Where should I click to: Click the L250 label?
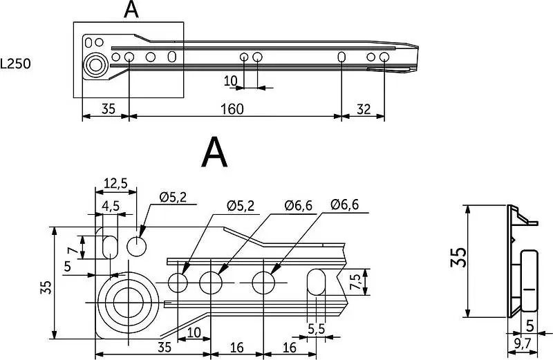pyautogui.click(x=15, y=64)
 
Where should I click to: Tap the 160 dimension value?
pyautogui.click(x=232, y=109)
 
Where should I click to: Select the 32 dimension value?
pyautogui.click(x=364, y=109)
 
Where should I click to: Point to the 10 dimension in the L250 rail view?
pyautogui.click(x=231, y=81)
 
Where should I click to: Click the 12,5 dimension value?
pyautogui.click(x=115, y=183)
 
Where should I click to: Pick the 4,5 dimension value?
pyautogui.click(x=111, y=206)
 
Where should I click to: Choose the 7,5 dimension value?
pyautogui.click(x=356, y=282)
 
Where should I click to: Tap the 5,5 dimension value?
pyautogui.click(x=317, y=329)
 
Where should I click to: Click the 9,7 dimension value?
pyautogui.click(x=523, y=343)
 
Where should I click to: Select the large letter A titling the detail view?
pyautogui.click(x=214, y=152)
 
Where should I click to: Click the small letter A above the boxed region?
pyautogui.click(x=131, y=10)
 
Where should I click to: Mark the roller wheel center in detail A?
pyautogui.click(x=129, y=303)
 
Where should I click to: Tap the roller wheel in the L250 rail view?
pyautogui.click(x=95, y=65)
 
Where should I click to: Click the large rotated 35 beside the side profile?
pyautogui.click(x=459, y=258)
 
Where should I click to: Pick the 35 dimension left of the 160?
pyautogui.click(x=109, y=109)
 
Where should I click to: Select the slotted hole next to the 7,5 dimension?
pyautogui.click(x=317, y=282)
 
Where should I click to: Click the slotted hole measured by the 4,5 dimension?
pyautogui.click(x=111, y=247)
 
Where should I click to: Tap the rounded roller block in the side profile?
pyautogui.click(x=529, y=281)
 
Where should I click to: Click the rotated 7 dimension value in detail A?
pyautogui.click(x=72, y=252)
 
